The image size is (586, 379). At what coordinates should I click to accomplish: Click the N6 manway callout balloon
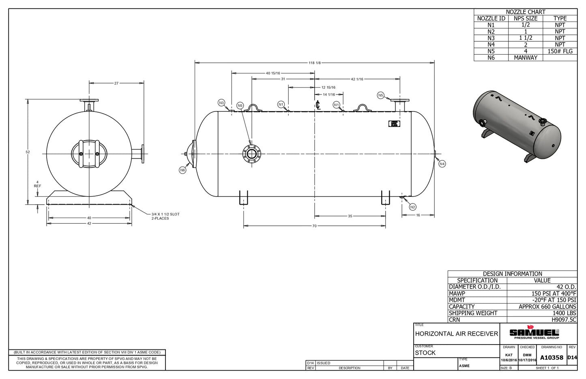[182, 170]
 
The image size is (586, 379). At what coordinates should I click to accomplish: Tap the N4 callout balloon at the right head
[442, 164]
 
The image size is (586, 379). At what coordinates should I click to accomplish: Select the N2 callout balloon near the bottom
[412, 207]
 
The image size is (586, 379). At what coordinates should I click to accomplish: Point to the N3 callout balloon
[221, 103]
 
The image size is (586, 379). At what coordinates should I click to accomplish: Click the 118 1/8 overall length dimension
[315, 63]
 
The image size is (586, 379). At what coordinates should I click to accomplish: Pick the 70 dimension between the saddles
[314, 226]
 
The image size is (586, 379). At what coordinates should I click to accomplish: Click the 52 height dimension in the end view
[28, 152]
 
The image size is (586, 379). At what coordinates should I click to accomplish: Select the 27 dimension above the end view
[116, 83]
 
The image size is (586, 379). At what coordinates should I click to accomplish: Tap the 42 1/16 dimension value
[357, 79]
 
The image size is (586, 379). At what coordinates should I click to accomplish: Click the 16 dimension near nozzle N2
[418, 215]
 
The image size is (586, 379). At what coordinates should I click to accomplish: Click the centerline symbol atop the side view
[318, 105]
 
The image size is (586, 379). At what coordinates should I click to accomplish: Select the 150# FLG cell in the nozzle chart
[560, 51]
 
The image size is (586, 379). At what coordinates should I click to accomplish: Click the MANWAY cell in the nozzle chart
[525, 58]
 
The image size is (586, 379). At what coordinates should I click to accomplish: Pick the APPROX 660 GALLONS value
[547, 306]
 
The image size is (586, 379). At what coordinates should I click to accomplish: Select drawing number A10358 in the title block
[552, 358]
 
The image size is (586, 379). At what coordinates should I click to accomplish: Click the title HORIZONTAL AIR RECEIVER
[456, 334]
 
